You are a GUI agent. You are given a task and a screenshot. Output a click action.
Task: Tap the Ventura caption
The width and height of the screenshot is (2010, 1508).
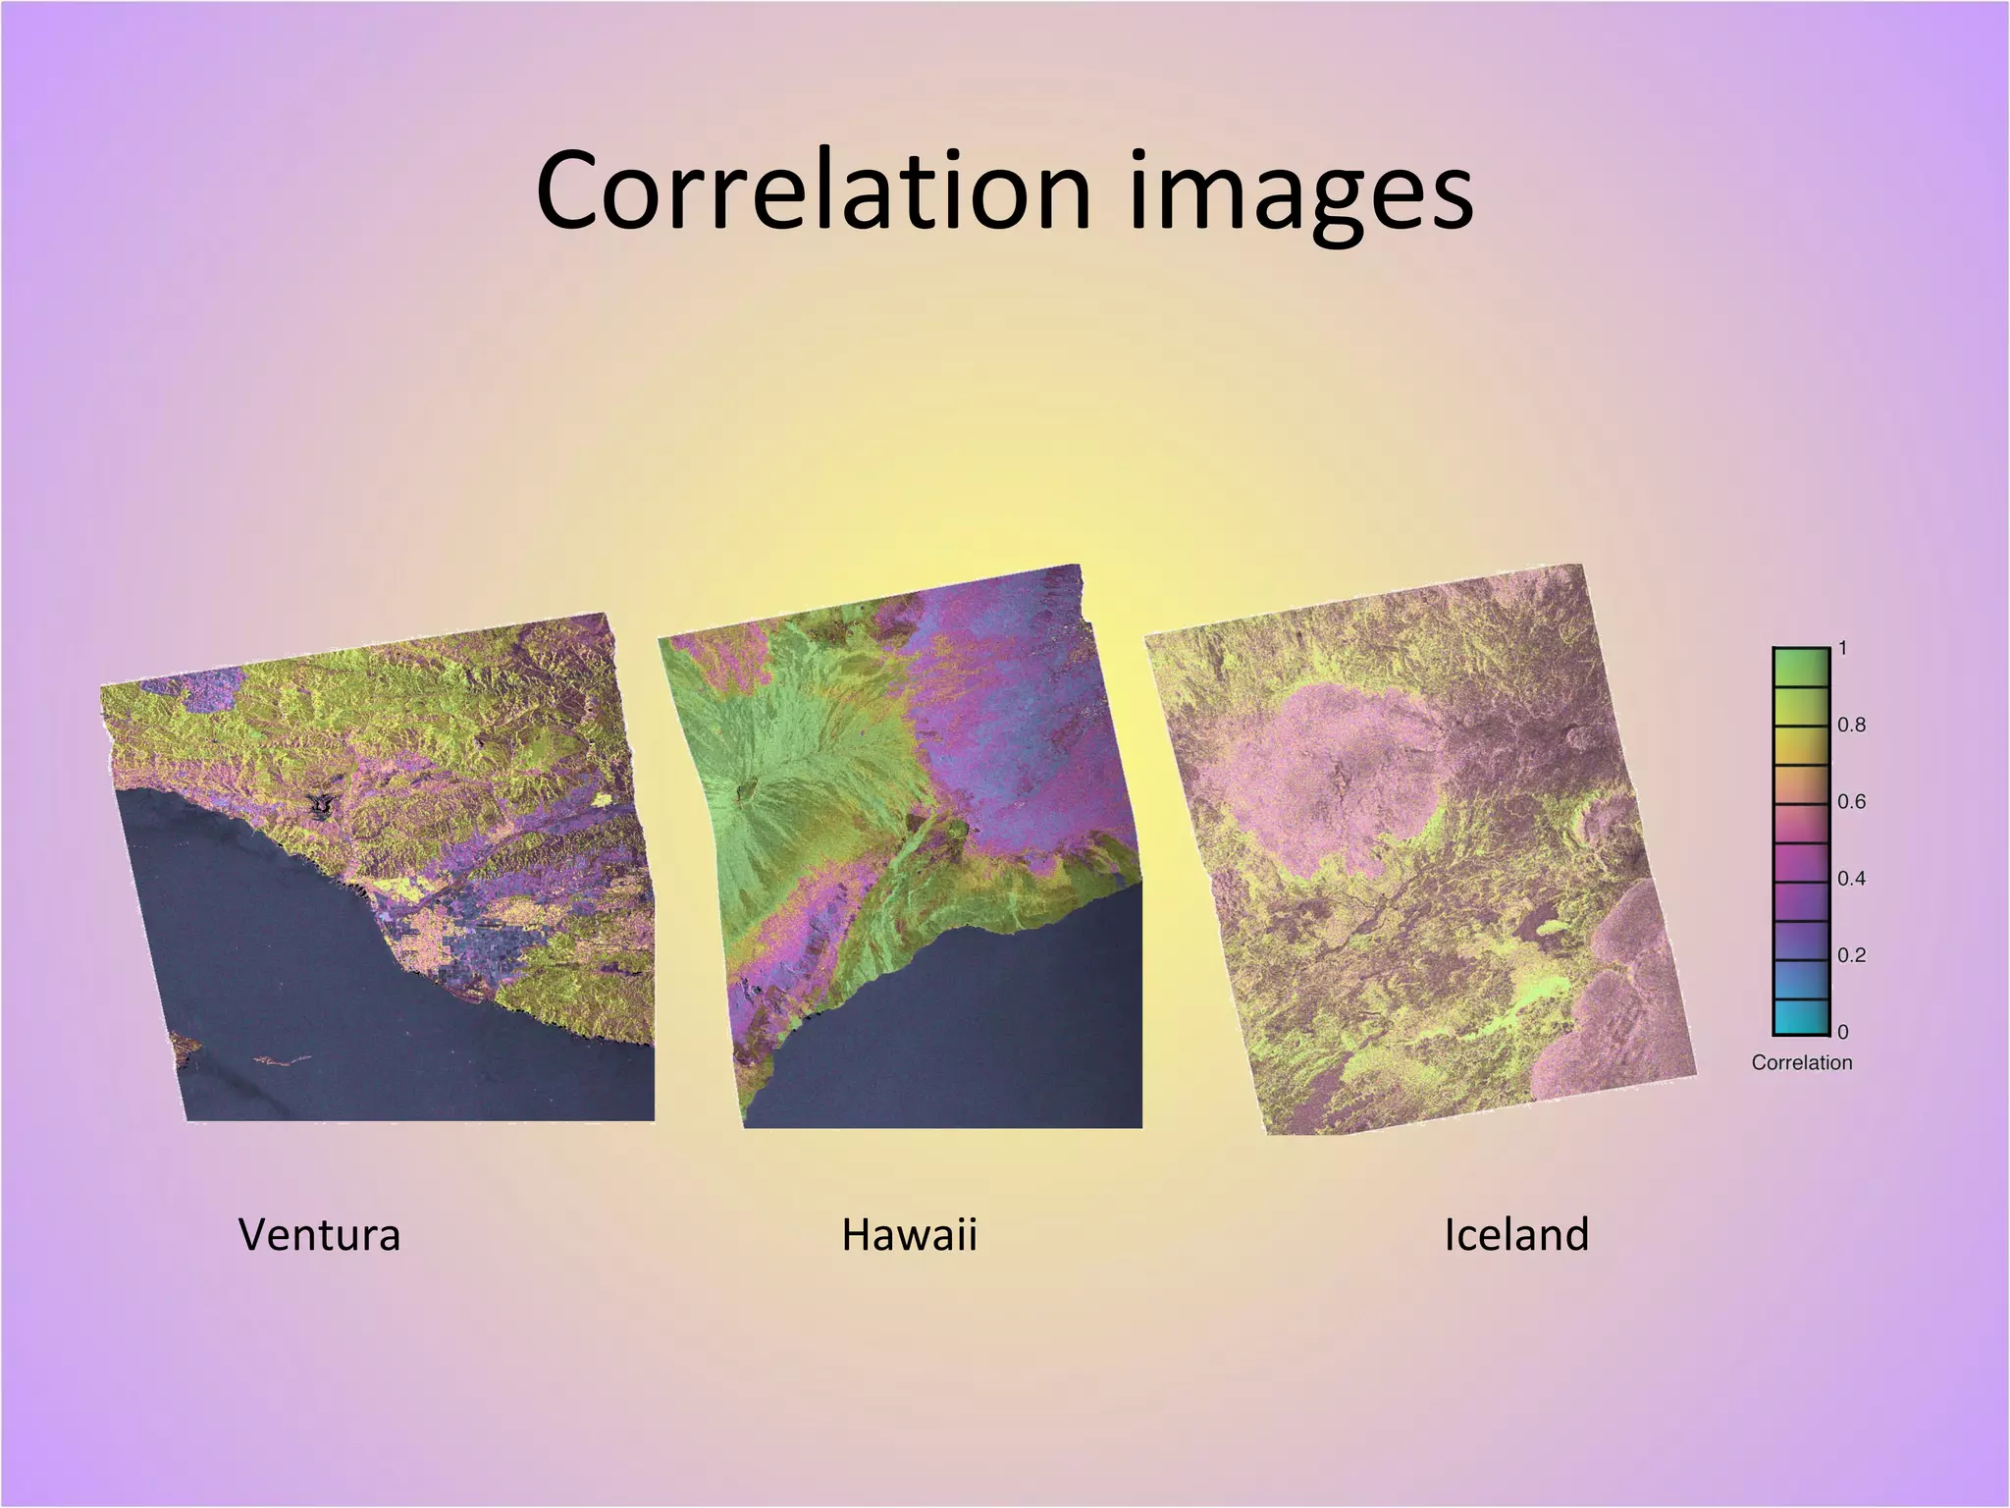click(x=319, y=1234)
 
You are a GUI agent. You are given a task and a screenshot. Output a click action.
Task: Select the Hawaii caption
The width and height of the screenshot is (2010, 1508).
click(x=909, y=1234)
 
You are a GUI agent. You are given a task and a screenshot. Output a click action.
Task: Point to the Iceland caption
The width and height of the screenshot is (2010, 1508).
click(x=1515, y=1234)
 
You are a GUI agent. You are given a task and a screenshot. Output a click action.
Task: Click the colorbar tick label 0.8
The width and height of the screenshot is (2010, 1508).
click(x=1851, y=725)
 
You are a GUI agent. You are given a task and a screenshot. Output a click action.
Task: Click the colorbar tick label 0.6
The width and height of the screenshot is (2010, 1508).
click(x=1851, y=801)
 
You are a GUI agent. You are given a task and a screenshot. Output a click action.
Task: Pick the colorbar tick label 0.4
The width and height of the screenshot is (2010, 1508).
click(x=1851, y=878)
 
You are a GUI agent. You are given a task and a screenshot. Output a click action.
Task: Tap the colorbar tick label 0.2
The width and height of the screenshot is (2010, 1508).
click(x=1851, y=954)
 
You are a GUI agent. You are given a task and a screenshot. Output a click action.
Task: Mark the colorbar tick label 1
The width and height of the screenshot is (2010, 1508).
click(x=1843, y=648)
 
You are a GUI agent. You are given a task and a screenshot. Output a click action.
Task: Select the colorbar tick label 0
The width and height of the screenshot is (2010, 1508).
click(x=1843, y=1032)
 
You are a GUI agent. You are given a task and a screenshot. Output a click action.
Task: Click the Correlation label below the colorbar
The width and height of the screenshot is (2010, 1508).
click(x=1801, y=1062)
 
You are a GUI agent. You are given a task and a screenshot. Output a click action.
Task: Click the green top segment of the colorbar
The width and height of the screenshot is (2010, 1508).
click(x=1800, y=668)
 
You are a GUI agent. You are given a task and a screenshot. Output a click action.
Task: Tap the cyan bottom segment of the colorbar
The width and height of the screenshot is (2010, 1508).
click(x=1800, y=1017)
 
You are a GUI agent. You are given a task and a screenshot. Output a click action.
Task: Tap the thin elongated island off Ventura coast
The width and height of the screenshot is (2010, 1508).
click(x=282, y=1060)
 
